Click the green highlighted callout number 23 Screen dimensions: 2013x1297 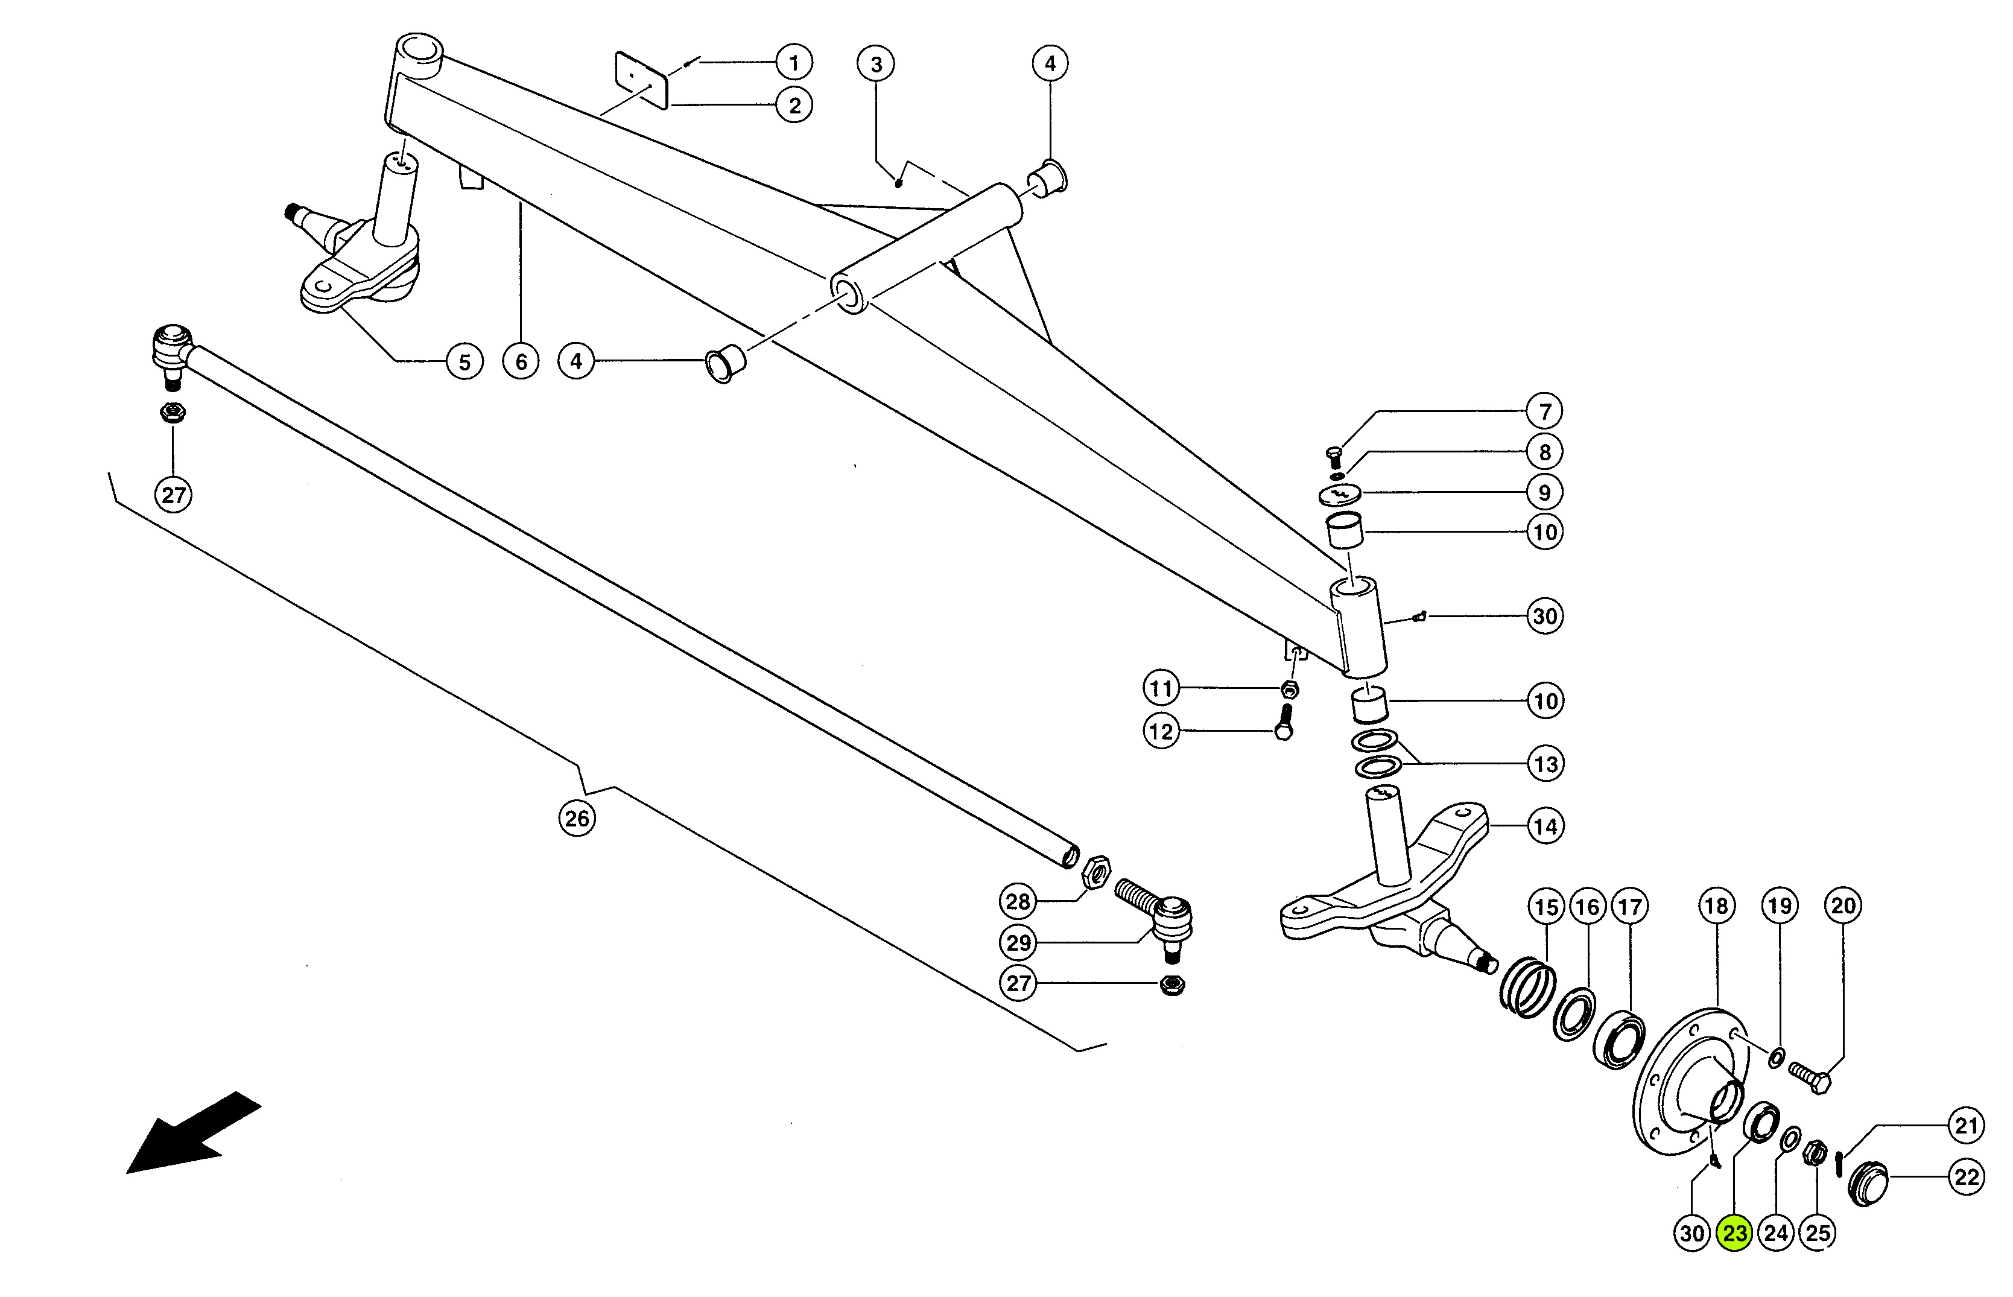tap(1734, 1233)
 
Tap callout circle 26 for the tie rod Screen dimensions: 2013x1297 tap(577, 818)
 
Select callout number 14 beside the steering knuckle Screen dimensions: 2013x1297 tap(1545, 826)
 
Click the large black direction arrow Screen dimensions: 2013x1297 tap(194, 1133)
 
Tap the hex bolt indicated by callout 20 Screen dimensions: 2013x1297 tap(1809, 1076)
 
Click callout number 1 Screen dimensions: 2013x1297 tap(793, 62)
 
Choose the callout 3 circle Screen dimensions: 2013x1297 tap(876, 64)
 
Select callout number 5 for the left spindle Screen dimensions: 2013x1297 tap(464, 361)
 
